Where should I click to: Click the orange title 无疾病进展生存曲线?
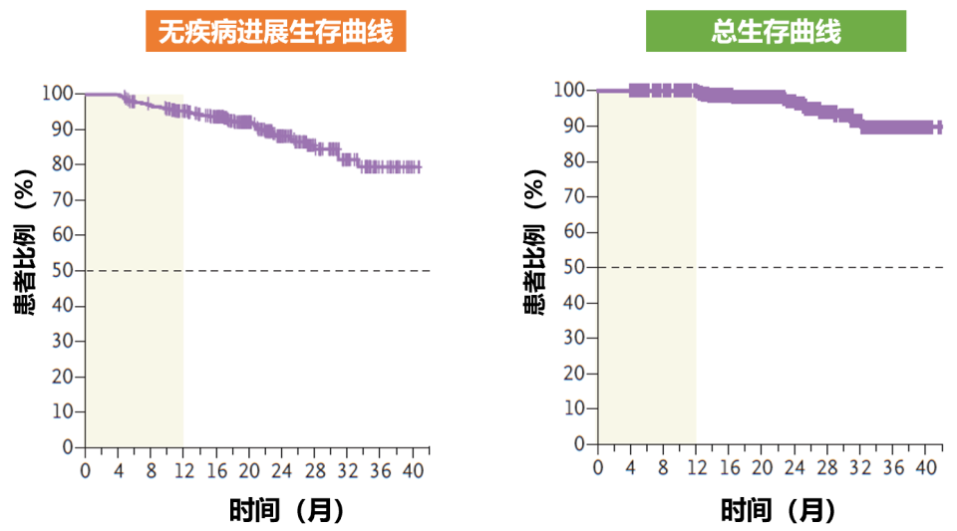click(275, 32)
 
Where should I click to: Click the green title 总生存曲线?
click(776, 32)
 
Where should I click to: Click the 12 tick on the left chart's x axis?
click(183, 469)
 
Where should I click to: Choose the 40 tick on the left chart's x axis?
click(412, 469)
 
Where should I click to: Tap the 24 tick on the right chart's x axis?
click(796, 466)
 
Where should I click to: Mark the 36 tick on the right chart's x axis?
click(894, 466)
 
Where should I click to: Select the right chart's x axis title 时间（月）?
click(779, 510)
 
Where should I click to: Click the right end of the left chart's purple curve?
click(420, 167)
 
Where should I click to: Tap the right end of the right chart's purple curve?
click(940, 128)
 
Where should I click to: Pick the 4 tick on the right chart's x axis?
click(631, 466)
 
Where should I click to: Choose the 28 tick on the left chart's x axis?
click(314, 469)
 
